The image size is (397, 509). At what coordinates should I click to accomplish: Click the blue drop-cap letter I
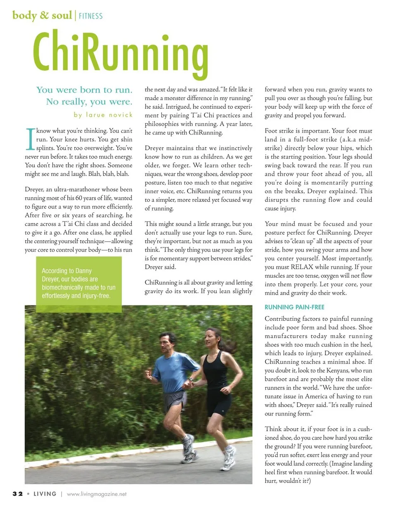[x=29, y=139]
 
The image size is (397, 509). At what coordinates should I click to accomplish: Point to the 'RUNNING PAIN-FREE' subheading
[x=294, y=307]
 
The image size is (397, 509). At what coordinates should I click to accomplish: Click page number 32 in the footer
[x=17, y=494]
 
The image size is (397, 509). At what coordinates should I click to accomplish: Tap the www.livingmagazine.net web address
[x=96, y=494]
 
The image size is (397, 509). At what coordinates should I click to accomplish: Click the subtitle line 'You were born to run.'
[x=84, y=90]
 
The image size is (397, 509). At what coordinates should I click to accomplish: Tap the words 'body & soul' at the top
[x=42, y=16]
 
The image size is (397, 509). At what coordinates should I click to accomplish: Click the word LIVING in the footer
[x=45, y=494]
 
